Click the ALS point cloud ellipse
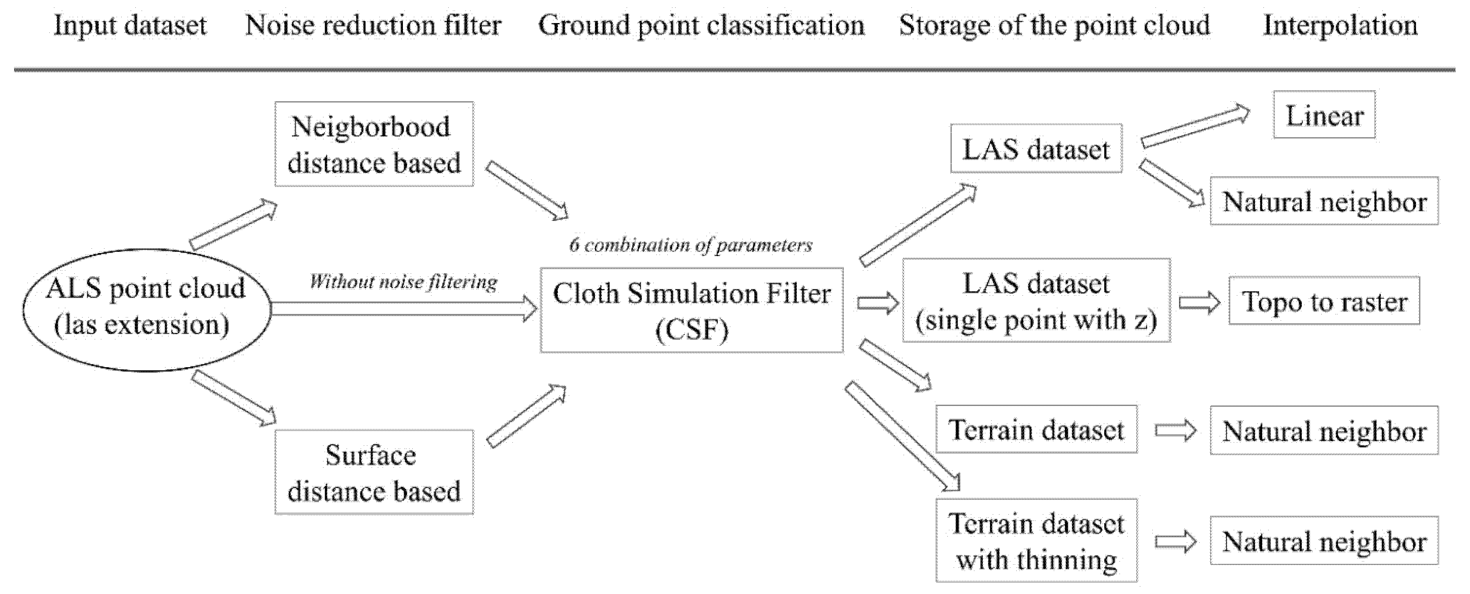[146, 310]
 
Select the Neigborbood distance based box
[374, 144]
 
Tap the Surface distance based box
[374, 472]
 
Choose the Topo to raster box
[1324, 301]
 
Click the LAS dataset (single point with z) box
[1036, 301]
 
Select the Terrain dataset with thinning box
[1036, 540]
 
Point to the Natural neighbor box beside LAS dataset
[1324, 201]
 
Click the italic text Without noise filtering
[403, 282]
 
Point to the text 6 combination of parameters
[690, 245]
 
